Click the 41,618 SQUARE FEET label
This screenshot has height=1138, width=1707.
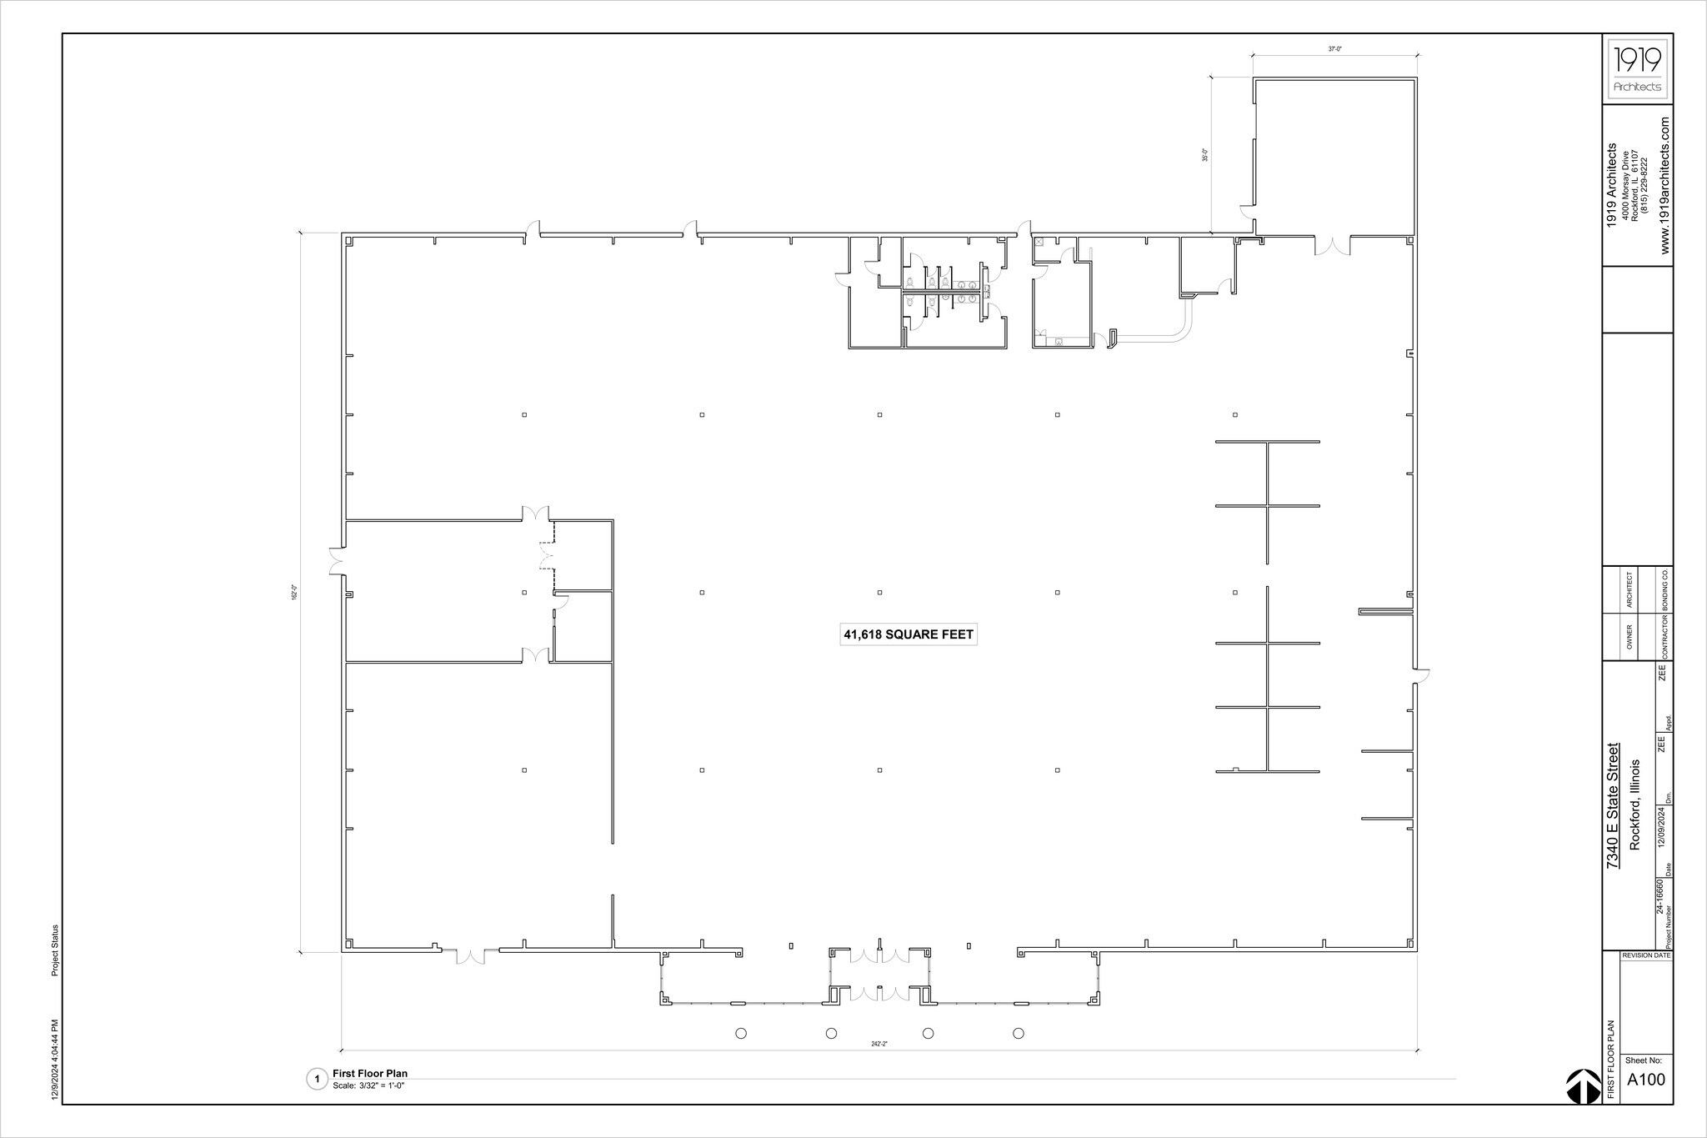(x=908, y=634)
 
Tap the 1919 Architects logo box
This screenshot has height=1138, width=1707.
(x=1637, y=69)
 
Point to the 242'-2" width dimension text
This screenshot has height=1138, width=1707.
(x=879, y=1043)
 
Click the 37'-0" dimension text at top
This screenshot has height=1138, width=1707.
(x=1334, y=49)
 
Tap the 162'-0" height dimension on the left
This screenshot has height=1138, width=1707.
(x=293, y=593)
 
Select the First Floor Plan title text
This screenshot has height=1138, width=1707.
(x=369, y=1073)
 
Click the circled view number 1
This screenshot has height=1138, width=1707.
(x=317, y=1080)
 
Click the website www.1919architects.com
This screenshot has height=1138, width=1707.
(x=1664, y=186)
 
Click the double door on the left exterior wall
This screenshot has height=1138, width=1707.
(x=336, y=561)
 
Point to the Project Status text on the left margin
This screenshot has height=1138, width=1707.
(x=55, y=950)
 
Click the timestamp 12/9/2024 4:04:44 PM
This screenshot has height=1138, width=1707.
(x=55, y=1059)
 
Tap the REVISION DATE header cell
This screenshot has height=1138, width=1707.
(x=1645, y=955)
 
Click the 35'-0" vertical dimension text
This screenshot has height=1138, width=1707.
(x=1204, y=155)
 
